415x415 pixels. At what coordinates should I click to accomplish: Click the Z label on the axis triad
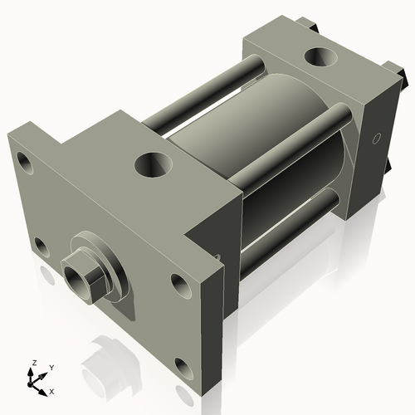(x=34, y=363)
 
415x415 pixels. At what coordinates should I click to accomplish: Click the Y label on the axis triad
(x=51, y=367)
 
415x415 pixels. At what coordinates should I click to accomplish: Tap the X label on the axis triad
(x=52, y=390)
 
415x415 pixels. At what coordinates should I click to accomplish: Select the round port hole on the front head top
(x=150, y=164)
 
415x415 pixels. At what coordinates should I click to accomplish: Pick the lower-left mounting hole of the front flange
(x=38, y=246)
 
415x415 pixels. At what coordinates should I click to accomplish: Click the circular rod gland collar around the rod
(x=100, y=266)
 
